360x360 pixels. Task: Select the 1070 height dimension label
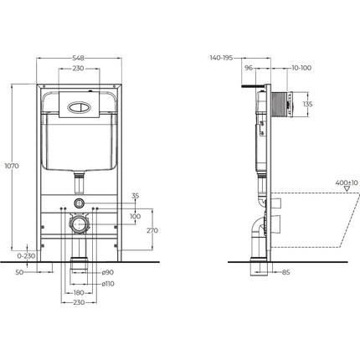(9, 167)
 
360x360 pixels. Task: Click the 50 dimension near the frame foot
(18, 272)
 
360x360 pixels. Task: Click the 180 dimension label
(78, 293)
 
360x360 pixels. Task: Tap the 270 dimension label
(152, 230)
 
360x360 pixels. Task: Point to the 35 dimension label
(136, 195)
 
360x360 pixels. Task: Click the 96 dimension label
(249, 69)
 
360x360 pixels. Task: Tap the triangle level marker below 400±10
(340, 192)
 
